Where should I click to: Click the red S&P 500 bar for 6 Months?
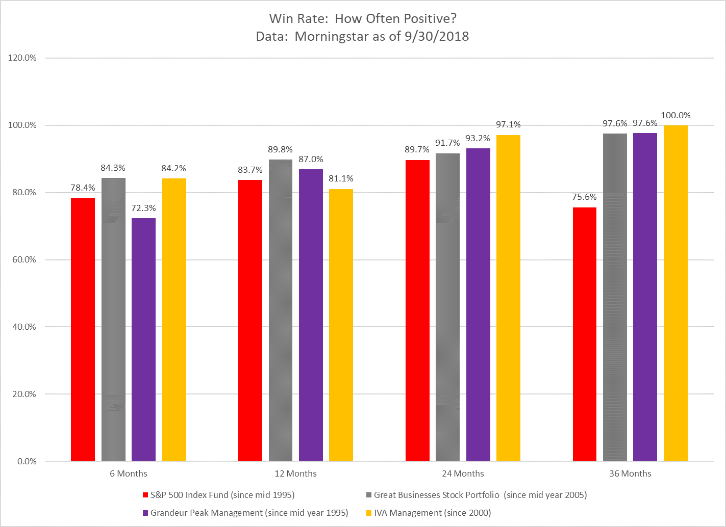(x=83, y=329)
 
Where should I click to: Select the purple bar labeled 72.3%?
(x=143, y=339)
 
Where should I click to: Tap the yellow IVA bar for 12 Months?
(x=341, y=325)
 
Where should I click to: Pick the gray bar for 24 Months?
(x=447, y=307)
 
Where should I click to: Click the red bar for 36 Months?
(x=584, y=334)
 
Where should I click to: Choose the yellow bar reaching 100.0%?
(x=675, y=293)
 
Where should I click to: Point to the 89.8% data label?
(x=280, y=149)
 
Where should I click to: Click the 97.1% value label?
(x=508, y=125)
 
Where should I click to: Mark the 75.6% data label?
(x=584, y=197)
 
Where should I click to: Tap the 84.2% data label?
(x=174, y=168)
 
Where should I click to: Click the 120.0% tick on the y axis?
(x=22, y=58)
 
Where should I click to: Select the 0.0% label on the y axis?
(x=27, y=462)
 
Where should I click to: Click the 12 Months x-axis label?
(x=295, y=474)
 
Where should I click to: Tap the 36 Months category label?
(x=630, y=474)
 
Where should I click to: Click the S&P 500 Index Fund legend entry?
(x=222, y=495)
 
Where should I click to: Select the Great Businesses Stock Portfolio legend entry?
(x=480, y=495)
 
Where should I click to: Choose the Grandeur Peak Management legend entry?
(x=249, y=513)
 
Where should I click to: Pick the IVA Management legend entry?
(x=432, y=513)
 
